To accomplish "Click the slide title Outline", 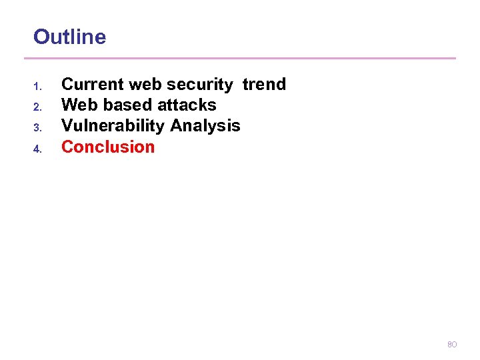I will tap(69, 37).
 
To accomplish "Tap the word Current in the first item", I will tap(93, 84).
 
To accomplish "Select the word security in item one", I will tap(199, 84).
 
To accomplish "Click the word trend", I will tap(264, 84).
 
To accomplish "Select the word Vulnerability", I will tap(113, 125).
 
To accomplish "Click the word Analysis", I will tap(205, 125).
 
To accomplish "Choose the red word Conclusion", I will tap(108, 147).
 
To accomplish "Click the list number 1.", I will tap(37, 86).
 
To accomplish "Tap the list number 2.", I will tap(37, 107).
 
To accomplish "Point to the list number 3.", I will tap(37, 127).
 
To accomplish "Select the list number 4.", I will tap(37, 149).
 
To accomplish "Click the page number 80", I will tap(451, 345).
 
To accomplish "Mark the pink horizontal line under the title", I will tap(244, 58).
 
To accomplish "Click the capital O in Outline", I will tap(41, 37).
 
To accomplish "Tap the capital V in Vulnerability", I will tap(67, 125).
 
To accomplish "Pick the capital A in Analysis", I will tap(177, 125).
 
